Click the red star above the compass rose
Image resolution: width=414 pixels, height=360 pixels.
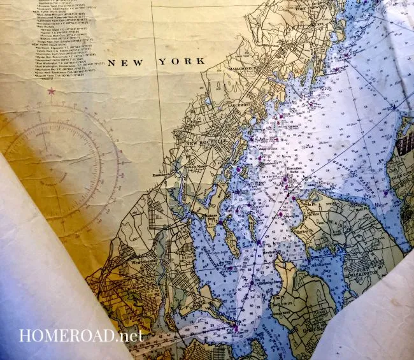point(51,91)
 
